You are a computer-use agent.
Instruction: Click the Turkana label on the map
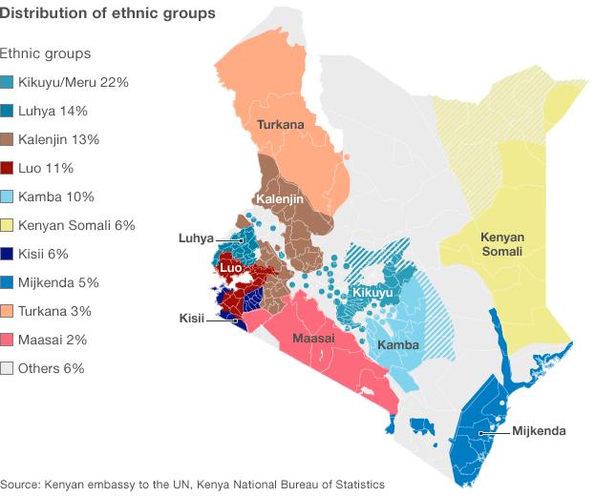[x=280, y=124]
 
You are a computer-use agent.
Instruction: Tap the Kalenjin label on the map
[x=278, y=198]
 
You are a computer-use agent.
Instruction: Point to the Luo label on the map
[x=230, y=269]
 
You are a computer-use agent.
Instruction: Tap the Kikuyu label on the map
[x=373, y=292]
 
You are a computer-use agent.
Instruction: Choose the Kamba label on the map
[x=395, y=343]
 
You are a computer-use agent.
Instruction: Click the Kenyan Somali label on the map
[x=501, y=244]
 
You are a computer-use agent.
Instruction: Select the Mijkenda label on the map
[x=539, y=431]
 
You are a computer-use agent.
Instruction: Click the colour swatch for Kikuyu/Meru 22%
[x=8, y=83]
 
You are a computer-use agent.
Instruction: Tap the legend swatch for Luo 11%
[x=8, y=169]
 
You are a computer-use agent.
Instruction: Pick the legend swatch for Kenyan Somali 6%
[x=8, y=226]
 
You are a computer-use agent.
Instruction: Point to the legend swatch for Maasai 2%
[x=8, y=341]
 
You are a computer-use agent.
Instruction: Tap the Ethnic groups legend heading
[x=46, y=54]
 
